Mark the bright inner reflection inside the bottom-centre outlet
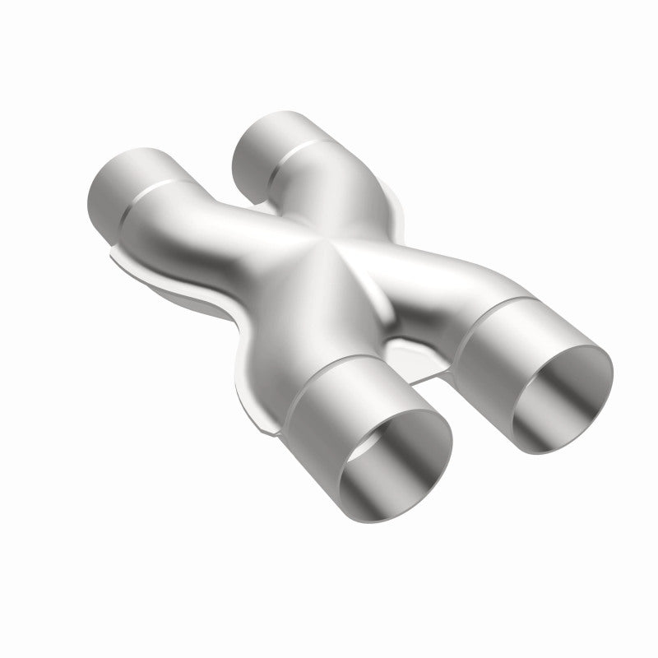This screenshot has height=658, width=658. [x=395, y=477]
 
